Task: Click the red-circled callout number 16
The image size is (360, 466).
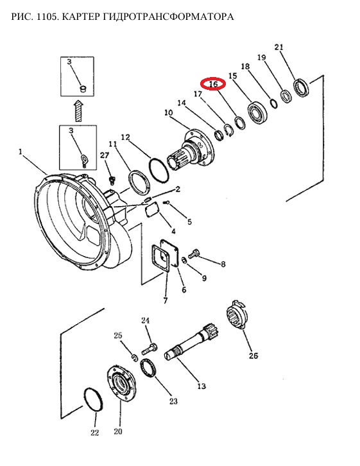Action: pyautogui.click(x=213, y=84)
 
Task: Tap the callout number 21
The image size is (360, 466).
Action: pyautogui.click(x=279, y=47)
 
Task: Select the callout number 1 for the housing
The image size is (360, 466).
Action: pyautogui.click(x=21, y=152)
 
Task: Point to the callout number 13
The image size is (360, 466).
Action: pyautogui.click(x=201, y=386)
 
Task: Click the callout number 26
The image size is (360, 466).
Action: pyautogui.click(x=253, y=356)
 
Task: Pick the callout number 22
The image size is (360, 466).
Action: pyautogui.click(x=94, y=433)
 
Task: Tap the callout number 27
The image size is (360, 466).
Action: pyautogui.click(x=105, y=155)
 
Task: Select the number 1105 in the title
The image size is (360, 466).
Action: pyautogui.click(x=44, y=16)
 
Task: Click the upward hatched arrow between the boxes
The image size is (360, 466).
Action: pyautogui.click(x=78, y=110)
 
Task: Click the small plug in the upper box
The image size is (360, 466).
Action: pyautogui.click(x=83, y=89)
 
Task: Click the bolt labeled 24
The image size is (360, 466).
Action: pyautogui.click(x=150, y=349)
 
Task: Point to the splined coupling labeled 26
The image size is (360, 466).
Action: pyautogui.click(x=237, y=315)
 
